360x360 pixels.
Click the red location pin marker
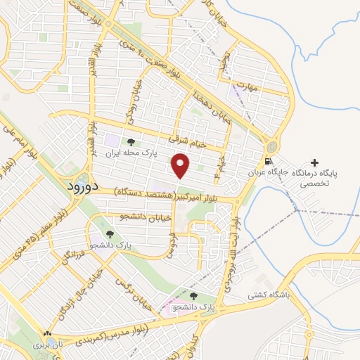tap(181, 166)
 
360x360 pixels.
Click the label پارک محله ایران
tap(130, 152)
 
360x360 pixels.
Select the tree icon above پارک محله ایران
tap(131, 141)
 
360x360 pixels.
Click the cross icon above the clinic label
tap(314, 162)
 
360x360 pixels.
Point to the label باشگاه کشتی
tap(264, 296)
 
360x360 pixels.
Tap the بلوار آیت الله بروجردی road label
tap(237, 242)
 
